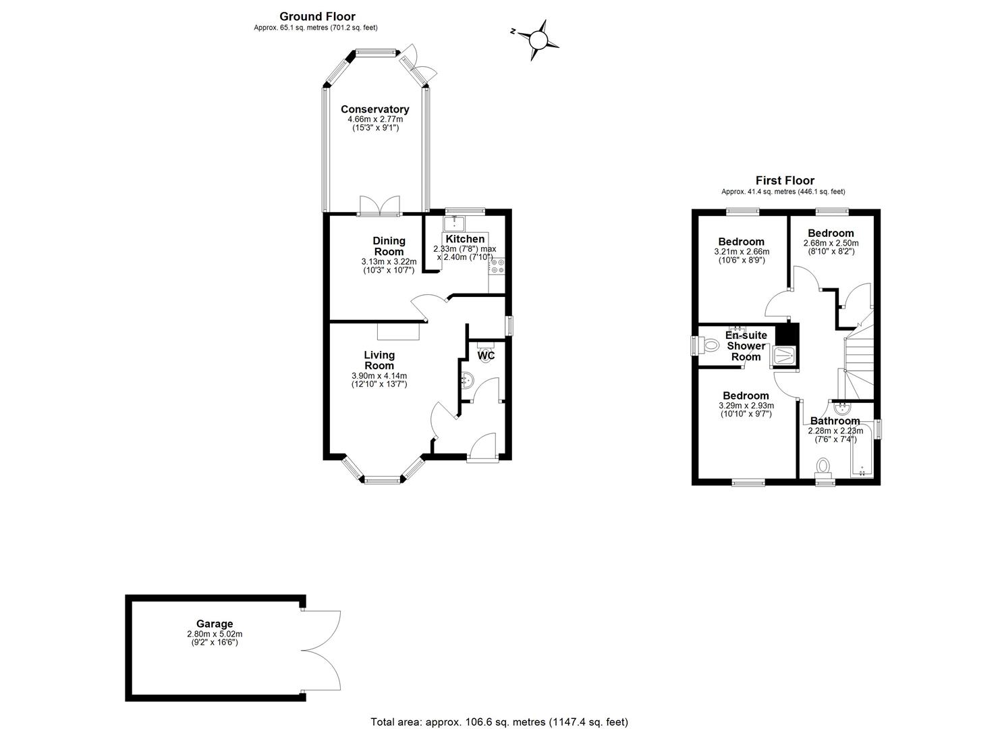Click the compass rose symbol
[538, 40]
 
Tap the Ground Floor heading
[317, 17]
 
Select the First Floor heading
[785, 180]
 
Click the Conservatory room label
[375, 109]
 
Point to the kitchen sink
[455, 223]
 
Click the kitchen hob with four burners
[497, 266]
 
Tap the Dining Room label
[389, 246]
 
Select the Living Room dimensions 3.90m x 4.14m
[379, 376]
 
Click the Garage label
[215, 624]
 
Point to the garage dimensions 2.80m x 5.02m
[215, 634]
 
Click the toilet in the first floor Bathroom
[822, 466]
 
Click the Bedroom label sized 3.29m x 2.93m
[746, 396]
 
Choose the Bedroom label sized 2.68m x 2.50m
[831, 233]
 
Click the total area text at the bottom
[499, 709]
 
